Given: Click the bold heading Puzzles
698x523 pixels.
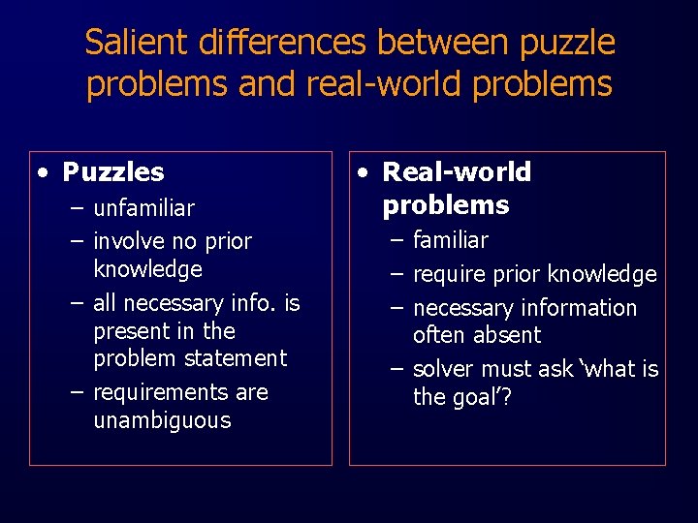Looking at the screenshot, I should pos(113,172).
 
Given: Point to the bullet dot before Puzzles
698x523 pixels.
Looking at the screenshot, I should pos(44,172).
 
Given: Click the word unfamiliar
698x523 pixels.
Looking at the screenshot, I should pos(143,208).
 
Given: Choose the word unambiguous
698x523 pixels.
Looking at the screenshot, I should pos(162,420).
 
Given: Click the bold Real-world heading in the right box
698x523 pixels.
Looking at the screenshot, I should pos(457,172).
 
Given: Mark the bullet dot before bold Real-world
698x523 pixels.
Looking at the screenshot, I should pos(363,172).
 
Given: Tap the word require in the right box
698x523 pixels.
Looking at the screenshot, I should pos(449,275).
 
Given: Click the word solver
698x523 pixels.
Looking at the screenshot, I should pos(443,369).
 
